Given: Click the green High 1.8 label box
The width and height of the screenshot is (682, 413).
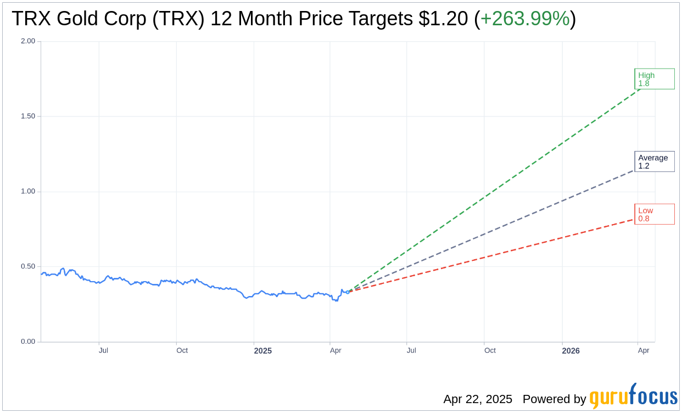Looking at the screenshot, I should tap(654, 79).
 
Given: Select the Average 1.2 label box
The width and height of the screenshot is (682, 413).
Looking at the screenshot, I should tap(654, 161).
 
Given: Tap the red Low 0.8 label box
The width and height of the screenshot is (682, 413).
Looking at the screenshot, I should tap(654, 214).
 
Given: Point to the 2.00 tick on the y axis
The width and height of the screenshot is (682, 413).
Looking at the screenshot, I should tap(28, 41).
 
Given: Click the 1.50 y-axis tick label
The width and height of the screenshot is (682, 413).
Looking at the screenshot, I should tap(28, 116).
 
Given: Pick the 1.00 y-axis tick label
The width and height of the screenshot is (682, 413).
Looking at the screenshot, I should tap(28, 192).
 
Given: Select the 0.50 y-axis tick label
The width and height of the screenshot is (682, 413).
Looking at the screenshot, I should tap(28, 266).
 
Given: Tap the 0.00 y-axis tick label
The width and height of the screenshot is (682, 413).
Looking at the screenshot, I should tap(28, 342).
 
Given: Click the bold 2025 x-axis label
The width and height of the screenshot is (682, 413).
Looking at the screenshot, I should tap(262, 350).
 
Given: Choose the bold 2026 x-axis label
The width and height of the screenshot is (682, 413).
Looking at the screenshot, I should tap(571, 350).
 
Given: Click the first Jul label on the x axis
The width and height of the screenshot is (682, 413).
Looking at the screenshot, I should tap(103, 350).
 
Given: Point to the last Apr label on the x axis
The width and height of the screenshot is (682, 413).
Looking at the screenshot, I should tap(644, 350).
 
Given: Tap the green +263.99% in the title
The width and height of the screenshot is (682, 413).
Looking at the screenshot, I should tap(525, 19).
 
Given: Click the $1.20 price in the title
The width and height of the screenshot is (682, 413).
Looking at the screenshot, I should tap(443, 19).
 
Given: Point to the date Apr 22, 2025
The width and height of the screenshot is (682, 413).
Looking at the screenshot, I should tap(478, 399).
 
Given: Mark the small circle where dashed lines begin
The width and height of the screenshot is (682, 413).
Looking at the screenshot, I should tap(348, 292).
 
